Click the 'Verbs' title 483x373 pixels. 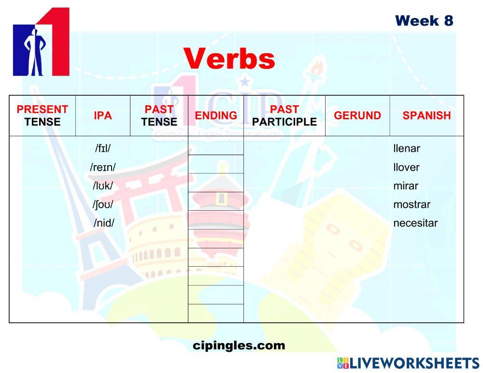point(229,59)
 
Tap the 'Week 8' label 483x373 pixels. point(424,21)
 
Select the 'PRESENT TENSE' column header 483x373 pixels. point(43,116)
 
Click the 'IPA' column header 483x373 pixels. point(102,116)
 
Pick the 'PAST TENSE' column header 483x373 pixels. point(159,116)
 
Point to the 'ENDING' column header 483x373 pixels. point(216,116)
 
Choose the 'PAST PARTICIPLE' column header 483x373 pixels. point(284,116)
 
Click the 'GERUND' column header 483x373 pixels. point(357,116)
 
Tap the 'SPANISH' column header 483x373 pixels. point(426,116)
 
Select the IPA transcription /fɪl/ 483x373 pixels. point(103,149)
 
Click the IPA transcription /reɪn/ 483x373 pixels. point(103,168)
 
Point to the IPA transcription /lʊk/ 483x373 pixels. point(103,186)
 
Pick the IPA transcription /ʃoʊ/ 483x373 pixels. point(103,205)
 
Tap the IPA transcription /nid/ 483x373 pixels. point(104,223)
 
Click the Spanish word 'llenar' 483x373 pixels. point(406,149)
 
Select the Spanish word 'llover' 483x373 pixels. point(406,168)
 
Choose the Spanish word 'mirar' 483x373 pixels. point(406,186)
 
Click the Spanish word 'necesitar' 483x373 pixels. point(415,223)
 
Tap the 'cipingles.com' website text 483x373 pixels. point(239,346)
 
